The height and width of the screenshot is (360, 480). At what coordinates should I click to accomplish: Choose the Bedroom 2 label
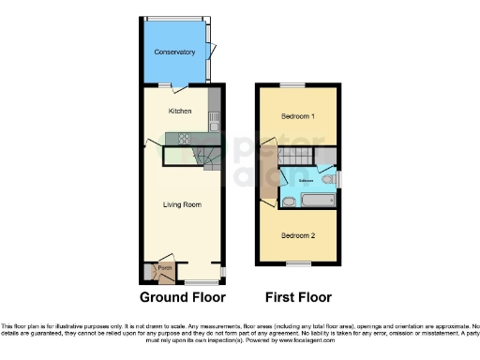point(297,234)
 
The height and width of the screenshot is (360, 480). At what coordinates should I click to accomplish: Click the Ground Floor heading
point(183,298)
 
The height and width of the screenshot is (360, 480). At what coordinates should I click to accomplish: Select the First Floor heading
point(298,298)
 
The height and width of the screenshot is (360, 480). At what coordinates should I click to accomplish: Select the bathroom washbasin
point(290,201)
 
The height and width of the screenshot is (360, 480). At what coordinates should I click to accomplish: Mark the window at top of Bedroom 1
point(297,85)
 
